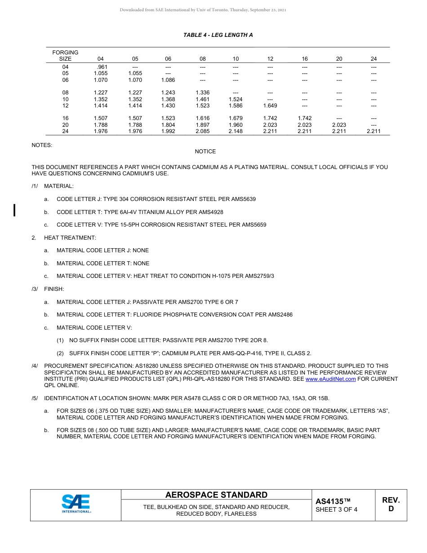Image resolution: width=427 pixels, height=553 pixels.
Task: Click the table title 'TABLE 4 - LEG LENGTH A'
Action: point(218,35)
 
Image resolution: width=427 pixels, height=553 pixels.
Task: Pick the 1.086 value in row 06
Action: point(168,80)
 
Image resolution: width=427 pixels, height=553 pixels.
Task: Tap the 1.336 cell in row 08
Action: point(203,93)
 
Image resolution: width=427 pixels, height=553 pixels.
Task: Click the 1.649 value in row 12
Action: point(270,106)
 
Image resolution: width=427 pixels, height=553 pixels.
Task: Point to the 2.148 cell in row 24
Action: point(236,132)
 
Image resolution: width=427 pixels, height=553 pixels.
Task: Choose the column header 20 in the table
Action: point(339,59)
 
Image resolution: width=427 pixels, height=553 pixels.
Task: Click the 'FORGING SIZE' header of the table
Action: point(65,56)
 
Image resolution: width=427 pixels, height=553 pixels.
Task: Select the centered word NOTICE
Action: point(205,152)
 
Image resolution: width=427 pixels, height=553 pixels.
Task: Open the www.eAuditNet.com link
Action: point(330,379)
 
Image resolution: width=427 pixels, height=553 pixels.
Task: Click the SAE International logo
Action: point(76,504)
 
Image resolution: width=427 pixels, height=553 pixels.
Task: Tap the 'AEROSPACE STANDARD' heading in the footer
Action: point(216,495)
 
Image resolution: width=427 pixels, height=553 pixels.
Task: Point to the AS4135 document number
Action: point(333,501)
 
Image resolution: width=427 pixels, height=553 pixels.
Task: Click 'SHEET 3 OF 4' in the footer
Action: point(336,510)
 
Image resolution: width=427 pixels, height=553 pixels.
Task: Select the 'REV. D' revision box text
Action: point(391,504)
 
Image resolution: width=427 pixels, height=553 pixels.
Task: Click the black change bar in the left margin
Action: point(15,210)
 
